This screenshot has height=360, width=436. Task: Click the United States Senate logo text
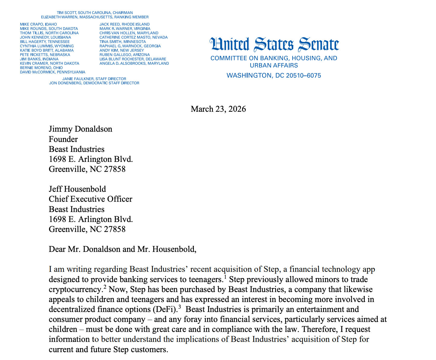click(274, 44)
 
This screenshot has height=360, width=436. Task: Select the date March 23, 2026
click(218, 109)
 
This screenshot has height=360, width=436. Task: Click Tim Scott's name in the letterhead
click(67, 13)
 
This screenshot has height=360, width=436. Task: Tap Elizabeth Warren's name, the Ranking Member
click(59, 17)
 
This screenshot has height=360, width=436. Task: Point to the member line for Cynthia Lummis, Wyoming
click(47, 46)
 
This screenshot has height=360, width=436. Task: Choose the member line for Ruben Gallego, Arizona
click(124, 55)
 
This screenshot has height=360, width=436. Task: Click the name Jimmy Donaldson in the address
click(80, 129)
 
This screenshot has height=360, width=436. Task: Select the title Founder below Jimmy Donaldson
click(63, 139)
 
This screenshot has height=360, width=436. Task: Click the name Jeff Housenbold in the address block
click(77, 189)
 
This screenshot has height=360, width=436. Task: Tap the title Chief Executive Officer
click(90, 199)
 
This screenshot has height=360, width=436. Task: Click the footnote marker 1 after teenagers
click(225, 276)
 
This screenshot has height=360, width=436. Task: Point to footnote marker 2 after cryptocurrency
click(105, 287)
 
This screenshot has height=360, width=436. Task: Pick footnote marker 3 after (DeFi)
click(179, 307)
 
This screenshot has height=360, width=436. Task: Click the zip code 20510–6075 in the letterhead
click(303, 76)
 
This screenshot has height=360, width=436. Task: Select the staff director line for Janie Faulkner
click(94, 79)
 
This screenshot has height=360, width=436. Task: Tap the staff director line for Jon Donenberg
click(94, 83)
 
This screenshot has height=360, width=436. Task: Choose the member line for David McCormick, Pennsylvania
click(53, 72)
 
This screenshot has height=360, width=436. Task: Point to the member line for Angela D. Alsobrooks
click(134, 63)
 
